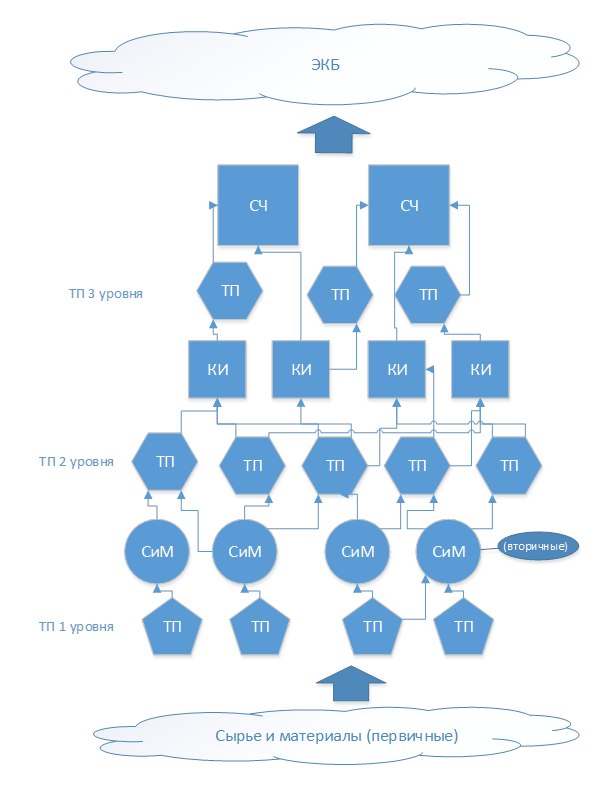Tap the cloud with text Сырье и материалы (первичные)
(336, 737)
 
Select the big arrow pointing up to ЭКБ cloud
(335, 134)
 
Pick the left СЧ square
(257, 205)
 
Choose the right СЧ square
(409, 205)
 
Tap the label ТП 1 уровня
(75, 627)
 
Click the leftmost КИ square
(219, 369)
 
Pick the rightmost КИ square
(480, 369)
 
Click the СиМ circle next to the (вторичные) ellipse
(448, 551)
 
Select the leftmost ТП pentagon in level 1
(173, 627)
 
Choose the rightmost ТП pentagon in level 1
(464, 627)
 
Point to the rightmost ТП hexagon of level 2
(509, 466)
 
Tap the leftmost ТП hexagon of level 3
(230, 292)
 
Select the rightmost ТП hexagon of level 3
(429, 294)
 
